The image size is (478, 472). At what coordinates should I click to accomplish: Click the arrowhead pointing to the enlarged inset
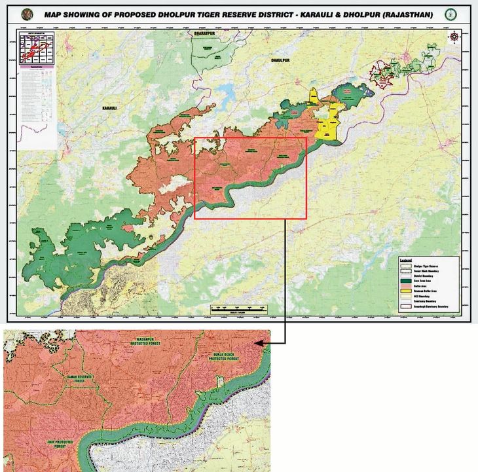(258, 342)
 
